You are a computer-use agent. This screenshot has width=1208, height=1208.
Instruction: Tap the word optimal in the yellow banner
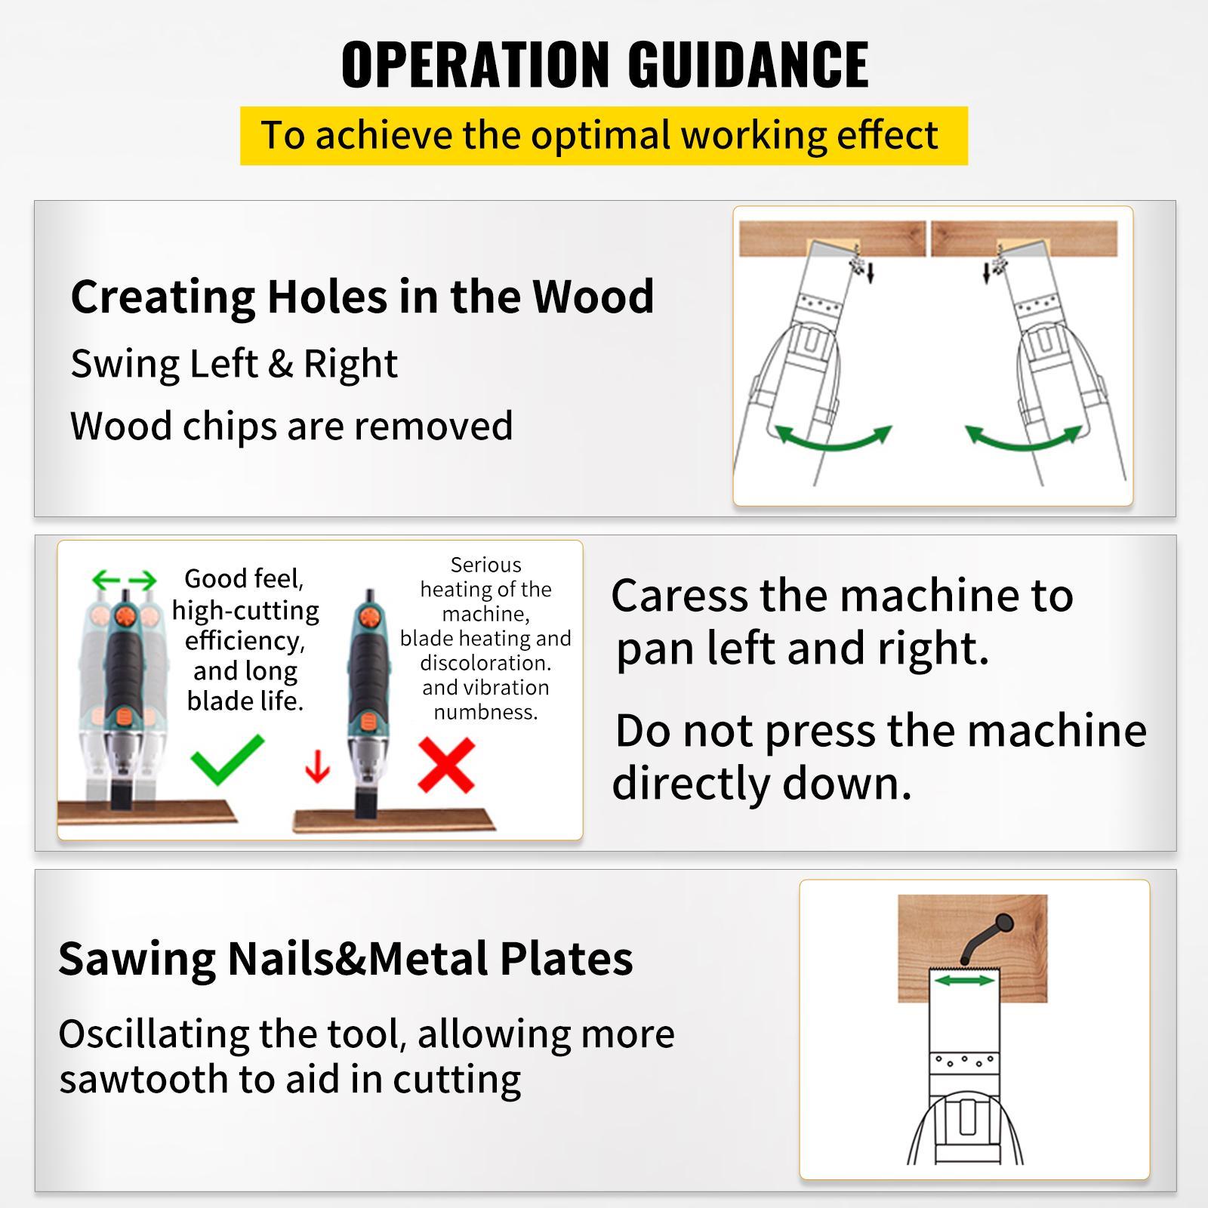[x=599, y=136]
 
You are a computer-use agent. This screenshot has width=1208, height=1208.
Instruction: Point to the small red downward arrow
[x=318, y=769]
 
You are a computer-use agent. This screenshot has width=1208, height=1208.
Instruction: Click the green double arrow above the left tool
[x=124, y=580]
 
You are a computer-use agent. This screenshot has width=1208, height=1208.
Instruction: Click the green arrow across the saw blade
[x=965, y=980]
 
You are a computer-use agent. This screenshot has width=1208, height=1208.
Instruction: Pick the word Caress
[x=679, y=596]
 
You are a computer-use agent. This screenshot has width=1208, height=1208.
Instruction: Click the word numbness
[x=485, y=712]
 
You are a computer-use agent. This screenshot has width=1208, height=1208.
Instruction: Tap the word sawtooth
[x=143, y=1080]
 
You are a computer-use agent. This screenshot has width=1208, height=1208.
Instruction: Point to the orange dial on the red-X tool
[x=369, y=618]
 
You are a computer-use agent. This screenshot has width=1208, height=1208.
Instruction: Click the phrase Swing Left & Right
[x=234, y=365]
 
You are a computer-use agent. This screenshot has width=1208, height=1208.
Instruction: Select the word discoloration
[x=485, y=663]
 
